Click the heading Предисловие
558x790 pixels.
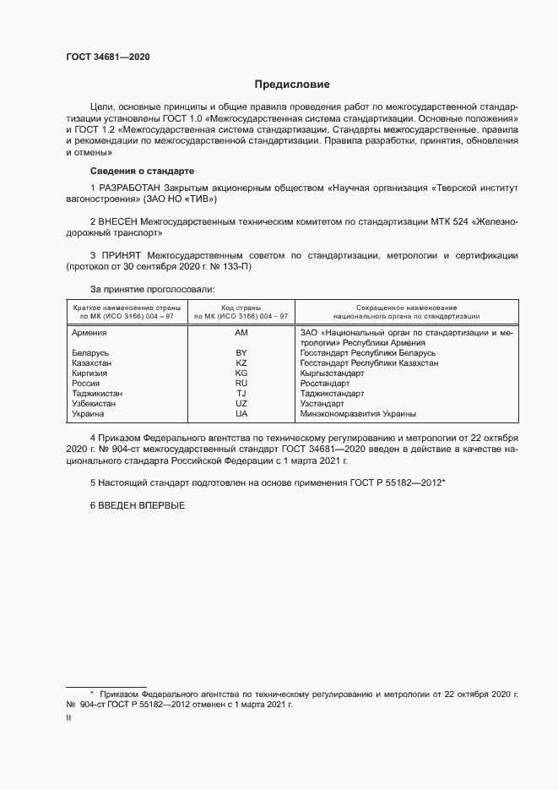(x=292, y=84)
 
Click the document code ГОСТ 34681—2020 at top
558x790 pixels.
(x=107, y=57)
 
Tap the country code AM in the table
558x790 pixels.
(x=241, y=334)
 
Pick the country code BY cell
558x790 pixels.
(x=241, y=352)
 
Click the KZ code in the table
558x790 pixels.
(x=241, y=362)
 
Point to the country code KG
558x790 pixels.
(x=241, y=373)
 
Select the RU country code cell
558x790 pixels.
(x=241, y=383)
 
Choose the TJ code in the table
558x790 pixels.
(x=241, y=394)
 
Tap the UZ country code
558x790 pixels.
(x=241, y=404)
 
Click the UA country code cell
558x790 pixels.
(x=241, y=414)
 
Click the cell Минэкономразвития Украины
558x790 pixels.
(x=358, y=414)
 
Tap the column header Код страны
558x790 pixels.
(x=241, y=308)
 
